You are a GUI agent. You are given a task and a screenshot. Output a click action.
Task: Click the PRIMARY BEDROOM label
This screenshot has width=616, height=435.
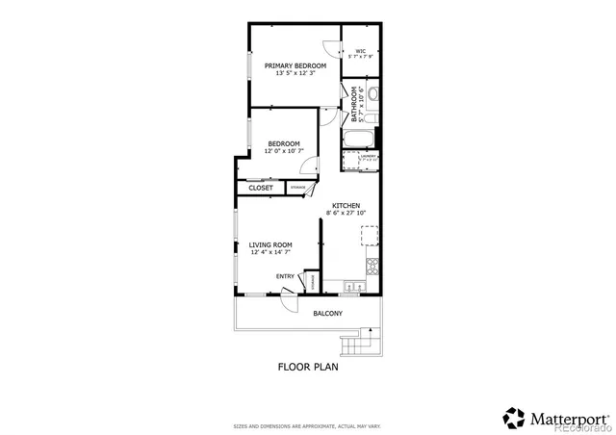pyautogui.click(x=295, y=64)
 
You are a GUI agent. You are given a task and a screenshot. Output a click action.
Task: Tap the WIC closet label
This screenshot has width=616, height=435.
pyautogui.click(x=360, y=51)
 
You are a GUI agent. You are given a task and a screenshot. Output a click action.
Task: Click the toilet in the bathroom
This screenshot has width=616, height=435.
pyautogui.click(x=373, y=94)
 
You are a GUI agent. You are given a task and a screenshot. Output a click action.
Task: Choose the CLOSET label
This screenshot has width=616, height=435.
pyautogui.click(x=261, y=188)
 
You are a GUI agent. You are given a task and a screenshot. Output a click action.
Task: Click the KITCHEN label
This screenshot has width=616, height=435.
pyautogui.click(x=346, y=206)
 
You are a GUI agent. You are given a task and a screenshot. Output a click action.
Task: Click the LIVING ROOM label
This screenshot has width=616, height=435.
pyautogui.click(x=270, y=244)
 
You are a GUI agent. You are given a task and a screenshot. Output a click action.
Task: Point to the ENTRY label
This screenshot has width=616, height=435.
pyautogui.click(x=286, y=277)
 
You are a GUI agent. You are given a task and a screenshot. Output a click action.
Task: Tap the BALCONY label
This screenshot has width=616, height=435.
pyautogui.click(x=327, y=314)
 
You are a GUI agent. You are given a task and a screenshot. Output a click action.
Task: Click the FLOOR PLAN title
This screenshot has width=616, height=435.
pyautogui.click(x=308, y=367)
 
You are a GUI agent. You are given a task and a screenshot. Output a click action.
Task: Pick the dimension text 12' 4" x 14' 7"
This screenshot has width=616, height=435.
pyautogui.click(x=270, y=253)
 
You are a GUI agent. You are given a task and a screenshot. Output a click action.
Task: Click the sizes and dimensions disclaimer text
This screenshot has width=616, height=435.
pyautogui.click(x=307, y=425)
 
